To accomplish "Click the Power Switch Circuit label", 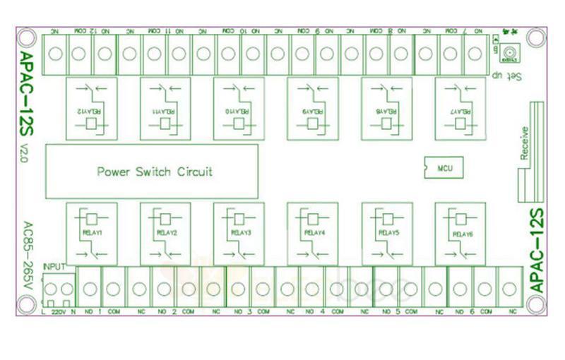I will (155, 172).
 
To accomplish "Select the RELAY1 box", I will (91, 233).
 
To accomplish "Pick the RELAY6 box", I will (460, 233).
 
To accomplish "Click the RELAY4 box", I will (312, 233).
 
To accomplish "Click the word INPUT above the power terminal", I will (54, 267).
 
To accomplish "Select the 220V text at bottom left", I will (58, 311).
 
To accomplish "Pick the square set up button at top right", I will (509, 52).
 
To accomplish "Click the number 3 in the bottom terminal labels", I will (249, 311).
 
